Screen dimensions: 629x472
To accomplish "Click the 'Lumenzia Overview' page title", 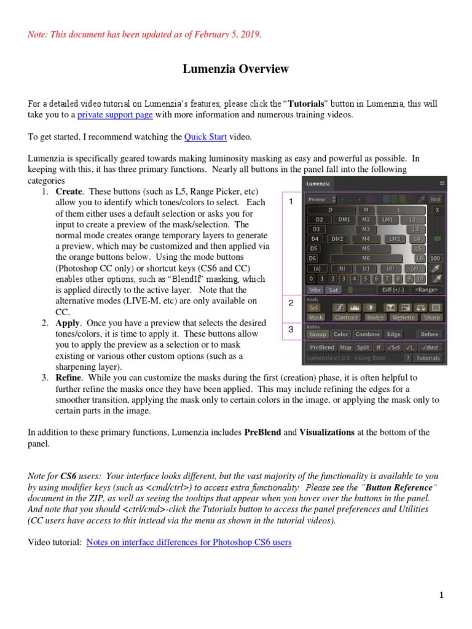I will (x=235, y=69).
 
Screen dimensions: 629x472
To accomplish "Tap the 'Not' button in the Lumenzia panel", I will (x=436, y=199).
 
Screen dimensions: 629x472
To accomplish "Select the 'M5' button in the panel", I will (x=366, y=249).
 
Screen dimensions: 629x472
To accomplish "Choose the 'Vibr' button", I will (x=315, y=289).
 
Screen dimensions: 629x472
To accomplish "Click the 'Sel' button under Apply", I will (x=314, y=307).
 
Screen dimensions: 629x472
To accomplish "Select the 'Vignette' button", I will (x=403, y=318).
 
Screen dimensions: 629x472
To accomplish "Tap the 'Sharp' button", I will (x=431, y=318).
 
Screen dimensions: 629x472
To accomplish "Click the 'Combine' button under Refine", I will (x=367, y=334).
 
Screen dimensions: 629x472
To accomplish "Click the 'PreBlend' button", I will (x=321, y=348).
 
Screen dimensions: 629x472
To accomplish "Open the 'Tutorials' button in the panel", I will (x=428, y=357).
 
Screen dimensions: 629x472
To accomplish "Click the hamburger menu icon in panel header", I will (x=442, y=183).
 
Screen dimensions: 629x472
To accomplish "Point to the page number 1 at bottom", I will (x=441, y=595).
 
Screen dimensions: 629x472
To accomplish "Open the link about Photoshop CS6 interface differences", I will (x=189, y=542).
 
